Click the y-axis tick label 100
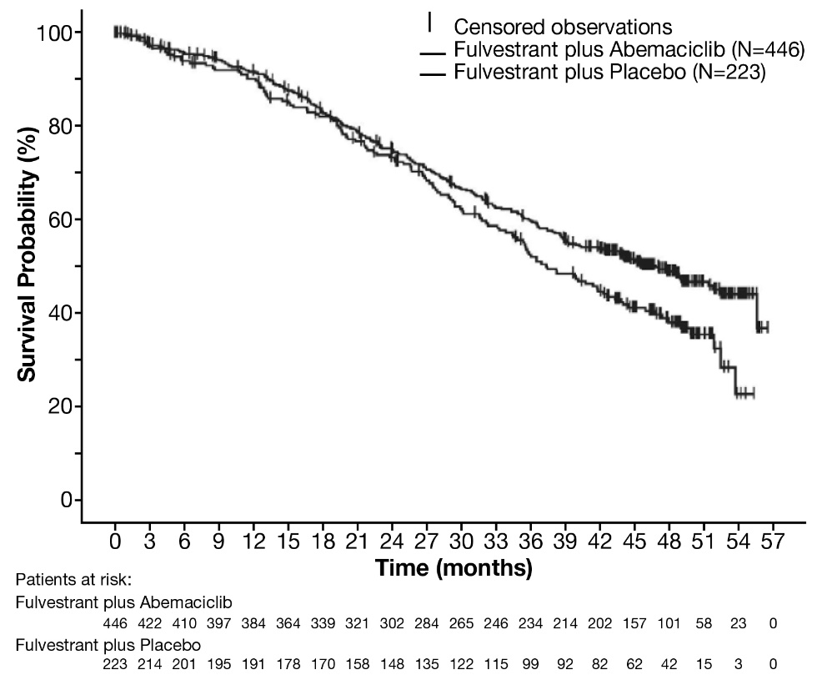56,33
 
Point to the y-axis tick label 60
63,219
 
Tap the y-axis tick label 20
63,406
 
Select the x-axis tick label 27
427,542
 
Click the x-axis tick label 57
773,542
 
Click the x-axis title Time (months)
454,569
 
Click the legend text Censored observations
563,27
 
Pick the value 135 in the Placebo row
427,664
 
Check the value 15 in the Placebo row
704,664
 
